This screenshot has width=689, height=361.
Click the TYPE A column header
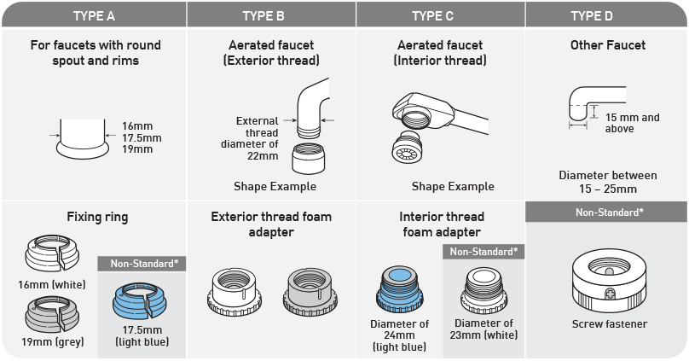94,16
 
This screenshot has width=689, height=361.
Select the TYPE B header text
263,16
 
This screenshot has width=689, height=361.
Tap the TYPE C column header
432,16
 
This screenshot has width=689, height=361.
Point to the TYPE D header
592,16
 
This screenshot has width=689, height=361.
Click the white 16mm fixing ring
52,253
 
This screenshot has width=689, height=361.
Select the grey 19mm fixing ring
52,314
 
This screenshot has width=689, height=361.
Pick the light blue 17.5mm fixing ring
140,300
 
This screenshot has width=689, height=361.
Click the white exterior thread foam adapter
234,292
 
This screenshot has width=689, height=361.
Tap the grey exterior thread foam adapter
310,292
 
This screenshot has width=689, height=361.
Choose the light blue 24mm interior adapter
399,289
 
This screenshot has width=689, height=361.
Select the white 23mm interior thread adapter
483,290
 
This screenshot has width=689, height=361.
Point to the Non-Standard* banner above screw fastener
610,213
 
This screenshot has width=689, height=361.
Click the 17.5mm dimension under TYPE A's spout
142,137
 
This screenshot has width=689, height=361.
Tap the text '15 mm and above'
632,123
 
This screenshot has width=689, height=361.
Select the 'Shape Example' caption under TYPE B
275,186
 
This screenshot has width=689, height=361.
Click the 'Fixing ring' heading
97,217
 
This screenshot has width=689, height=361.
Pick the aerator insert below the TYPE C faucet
407,147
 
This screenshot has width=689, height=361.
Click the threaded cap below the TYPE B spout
309,158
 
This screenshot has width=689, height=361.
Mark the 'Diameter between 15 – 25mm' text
608,182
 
